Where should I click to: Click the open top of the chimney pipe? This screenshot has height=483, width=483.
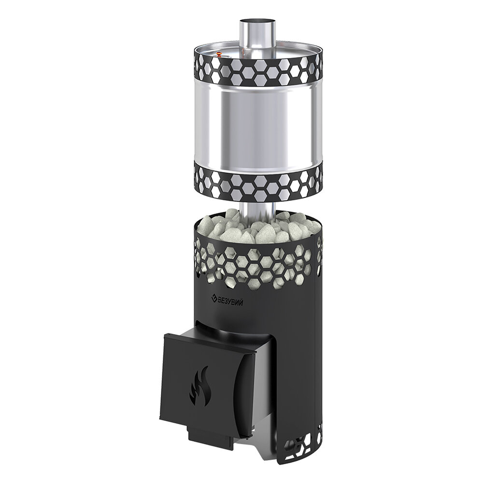point(258,21)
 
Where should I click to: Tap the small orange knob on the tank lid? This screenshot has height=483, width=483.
point(219,54)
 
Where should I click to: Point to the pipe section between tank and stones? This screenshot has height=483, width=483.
point(257,210)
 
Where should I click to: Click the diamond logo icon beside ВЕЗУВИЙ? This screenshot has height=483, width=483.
point(213,298)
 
